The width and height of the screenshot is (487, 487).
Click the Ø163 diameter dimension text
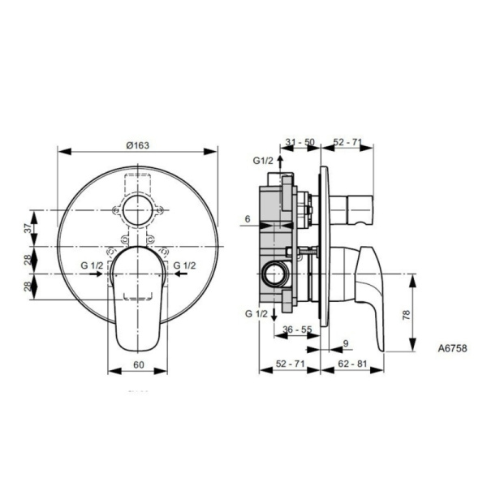[x=138, y=144]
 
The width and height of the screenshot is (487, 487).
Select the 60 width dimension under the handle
[x=138, y=365]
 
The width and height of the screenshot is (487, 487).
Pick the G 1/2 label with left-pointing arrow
[x=184, y=266]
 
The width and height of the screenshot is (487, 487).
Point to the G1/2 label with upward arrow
[x=263, y=162]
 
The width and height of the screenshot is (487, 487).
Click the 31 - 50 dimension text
[x=300, y=142]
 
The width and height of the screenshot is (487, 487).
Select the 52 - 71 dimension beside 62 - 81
[x=289, y=365]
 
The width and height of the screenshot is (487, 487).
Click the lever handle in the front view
[x=138, y=296]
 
